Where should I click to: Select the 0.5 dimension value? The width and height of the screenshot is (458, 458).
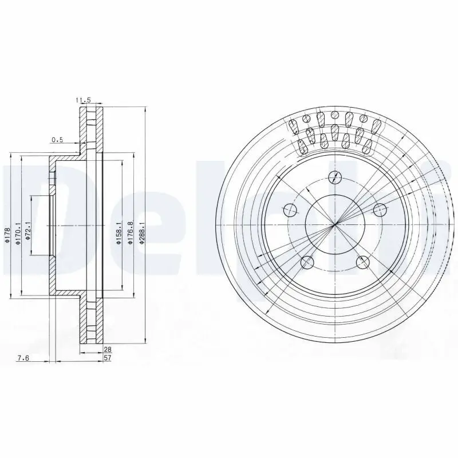[x=57, y=139]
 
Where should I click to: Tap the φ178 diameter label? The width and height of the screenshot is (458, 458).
[x=8, y=234]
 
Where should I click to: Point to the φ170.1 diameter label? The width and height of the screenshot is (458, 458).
[x=19, y=234]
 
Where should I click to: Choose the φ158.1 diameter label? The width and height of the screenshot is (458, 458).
[x=119, y=234]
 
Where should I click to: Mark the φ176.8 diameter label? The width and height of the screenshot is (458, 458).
[x=131, y=234]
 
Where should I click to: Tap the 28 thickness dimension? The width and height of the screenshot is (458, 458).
[x=106, y=348]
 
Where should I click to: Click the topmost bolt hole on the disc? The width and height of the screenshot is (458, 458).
[x=334, y=177]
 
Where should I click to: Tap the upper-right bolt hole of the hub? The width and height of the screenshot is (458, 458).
[x=378, y=210]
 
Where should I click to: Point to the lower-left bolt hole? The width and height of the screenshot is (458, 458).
[x=307, y=262]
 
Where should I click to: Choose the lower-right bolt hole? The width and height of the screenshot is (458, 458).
[x=362, y=262]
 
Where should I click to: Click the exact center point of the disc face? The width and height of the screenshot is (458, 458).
[x=335, y=224]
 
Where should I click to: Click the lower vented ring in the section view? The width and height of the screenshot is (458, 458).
[x=91, y=321]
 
